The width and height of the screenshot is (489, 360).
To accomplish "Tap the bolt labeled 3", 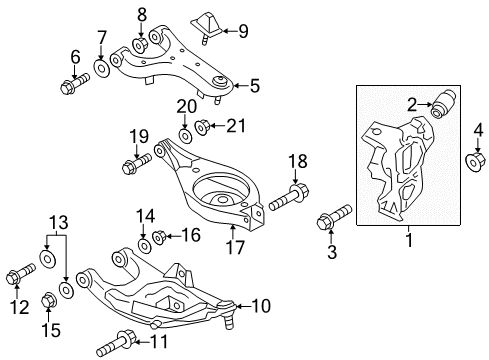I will point(333,220).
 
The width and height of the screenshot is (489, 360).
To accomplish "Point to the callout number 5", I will point(254,86).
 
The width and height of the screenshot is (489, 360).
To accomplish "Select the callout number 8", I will point(141,15).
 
